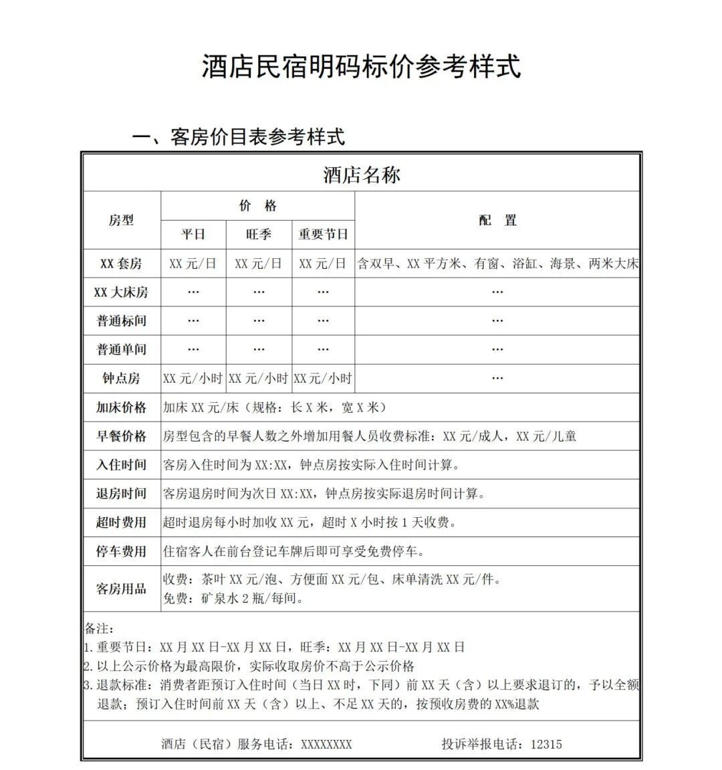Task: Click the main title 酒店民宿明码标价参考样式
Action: (x=361, y=67)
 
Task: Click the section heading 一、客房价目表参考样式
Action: (x=239, y=137)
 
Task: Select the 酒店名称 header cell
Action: (x=361, y=175)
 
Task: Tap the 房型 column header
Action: (x=121, y=220)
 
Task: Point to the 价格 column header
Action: (x=257, y=206)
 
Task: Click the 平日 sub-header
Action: (x=193, y=234)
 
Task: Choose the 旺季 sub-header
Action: (x=259, y=234)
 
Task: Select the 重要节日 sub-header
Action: (x=323, y=234)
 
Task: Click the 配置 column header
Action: (x=497, y=220)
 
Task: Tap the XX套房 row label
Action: (x=121, y=264)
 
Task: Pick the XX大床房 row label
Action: (x=121, y=292)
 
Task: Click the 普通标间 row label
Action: (x=121, y=321)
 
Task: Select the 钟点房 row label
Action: (x=121, y=379)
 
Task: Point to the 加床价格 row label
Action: (x=121, y=407)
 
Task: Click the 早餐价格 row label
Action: (x=121, y=436)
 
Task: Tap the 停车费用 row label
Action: (x=121, y=551)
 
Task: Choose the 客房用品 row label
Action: (x=121, y=589)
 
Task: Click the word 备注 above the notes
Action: (x=99, y=629)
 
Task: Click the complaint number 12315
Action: (x=546, y=744)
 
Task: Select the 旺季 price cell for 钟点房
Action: (x=259, y=379)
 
